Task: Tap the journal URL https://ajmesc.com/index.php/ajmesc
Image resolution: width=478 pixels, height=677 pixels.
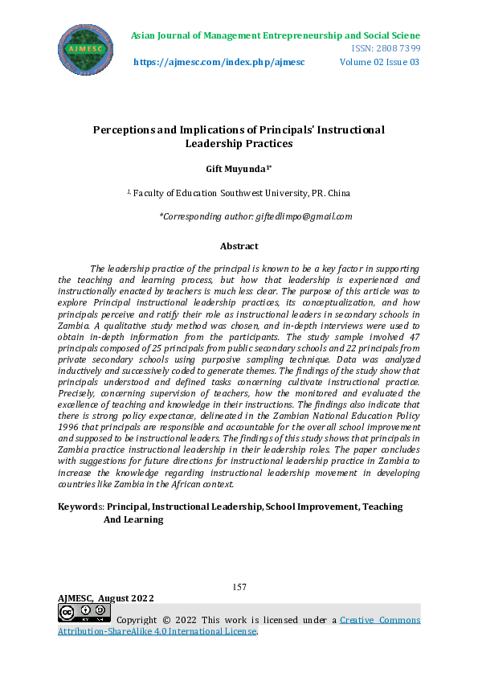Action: (219, 62)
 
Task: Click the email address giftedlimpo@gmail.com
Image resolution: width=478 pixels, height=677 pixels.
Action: (304, 216)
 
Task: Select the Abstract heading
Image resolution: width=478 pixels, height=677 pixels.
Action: (239, 246)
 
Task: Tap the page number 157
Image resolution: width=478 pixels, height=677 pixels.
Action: (239, 588)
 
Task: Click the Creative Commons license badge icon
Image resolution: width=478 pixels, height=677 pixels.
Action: (84, 613)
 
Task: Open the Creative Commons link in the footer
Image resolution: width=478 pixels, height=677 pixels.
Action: (379, 620)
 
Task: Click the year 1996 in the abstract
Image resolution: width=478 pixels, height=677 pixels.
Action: (71, 428)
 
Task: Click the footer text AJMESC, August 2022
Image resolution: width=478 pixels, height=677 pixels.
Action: (106, 598)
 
